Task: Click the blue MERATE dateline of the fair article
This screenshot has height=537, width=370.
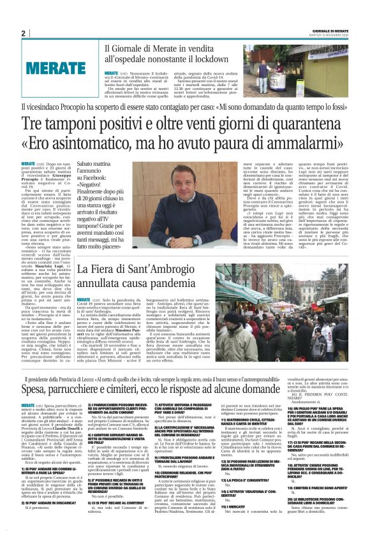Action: [85, 299]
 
